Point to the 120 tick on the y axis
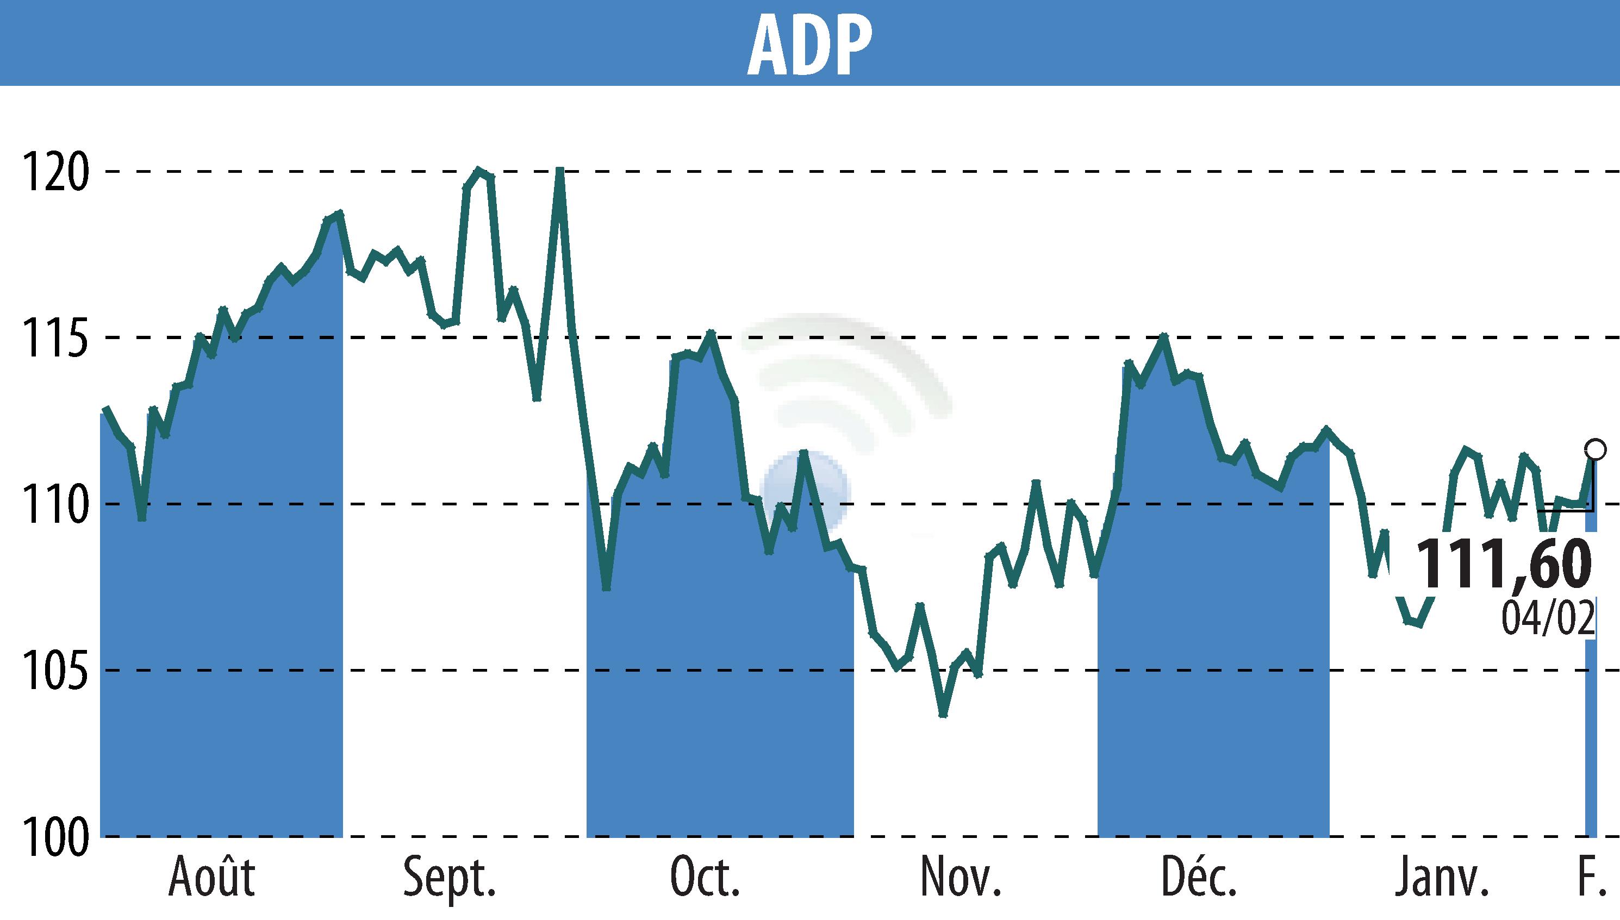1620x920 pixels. click(54, 172)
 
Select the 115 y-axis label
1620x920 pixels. click(54, 338)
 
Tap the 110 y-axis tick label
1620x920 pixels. click(54, 504)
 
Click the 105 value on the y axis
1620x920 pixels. click(54, 671)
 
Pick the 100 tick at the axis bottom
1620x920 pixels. click(54, 837)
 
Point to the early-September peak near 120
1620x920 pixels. click(479, 170)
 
